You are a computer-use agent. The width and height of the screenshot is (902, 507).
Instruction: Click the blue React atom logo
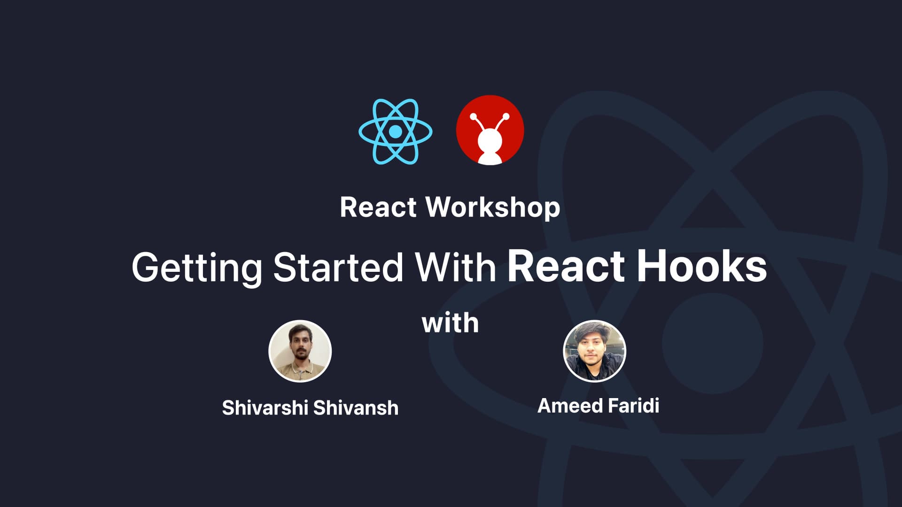click(396, 131)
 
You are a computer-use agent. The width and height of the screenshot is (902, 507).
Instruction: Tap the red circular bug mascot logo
click(490, 130)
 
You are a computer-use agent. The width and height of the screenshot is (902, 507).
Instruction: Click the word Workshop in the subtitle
click(493, 207)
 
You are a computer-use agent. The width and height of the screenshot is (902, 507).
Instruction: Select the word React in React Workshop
click(378, 207)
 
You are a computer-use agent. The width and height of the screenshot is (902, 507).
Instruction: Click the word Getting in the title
click(197, 267)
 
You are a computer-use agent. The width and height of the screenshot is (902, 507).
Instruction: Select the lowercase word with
click(451, 323)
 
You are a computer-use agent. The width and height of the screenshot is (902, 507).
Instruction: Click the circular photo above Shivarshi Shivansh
click(300, 351)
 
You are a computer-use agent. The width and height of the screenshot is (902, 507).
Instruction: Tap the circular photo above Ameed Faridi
click(594, 351)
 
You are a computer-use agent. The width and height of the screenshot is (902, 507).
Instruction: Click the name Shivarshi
click(265, 407)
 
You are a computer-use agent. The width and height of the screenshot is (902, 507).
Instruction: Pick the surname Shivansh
click(356, 407)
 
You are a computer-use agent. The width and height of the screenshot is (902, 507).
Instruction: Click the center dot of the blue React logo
click(396, 132)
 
